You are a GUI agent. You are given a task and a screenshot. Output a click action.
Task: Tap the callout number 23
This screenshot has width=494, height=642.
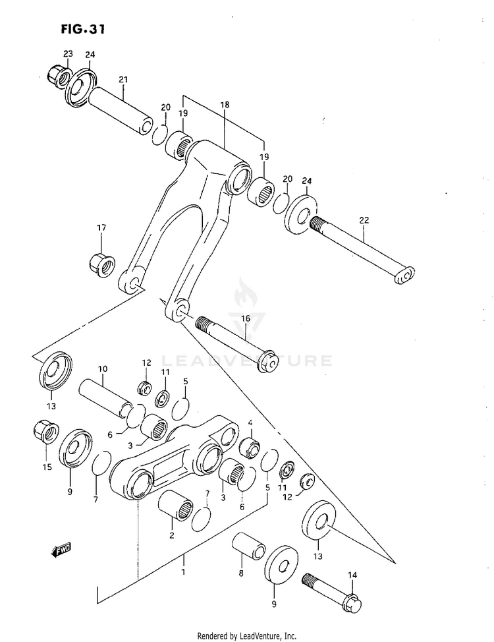coord(68,53)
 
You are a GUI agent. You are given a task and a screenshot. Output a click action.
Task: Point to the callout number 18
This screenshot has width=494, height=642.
coord(224,105)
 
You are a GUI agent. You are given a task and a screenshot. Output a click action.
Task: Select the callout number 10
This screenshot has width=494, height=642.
coord(103,368)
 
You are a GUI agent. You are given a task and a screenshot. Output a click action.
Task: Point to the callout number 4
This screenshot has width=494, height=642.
coord(250,423)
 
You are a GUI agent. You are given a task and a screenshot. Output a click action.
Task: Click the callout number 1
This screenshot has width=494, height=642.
coord(183,560)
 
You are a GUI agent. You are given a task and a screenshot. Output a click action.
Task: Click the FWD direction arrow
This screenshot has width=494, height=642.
coord(60,548)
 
